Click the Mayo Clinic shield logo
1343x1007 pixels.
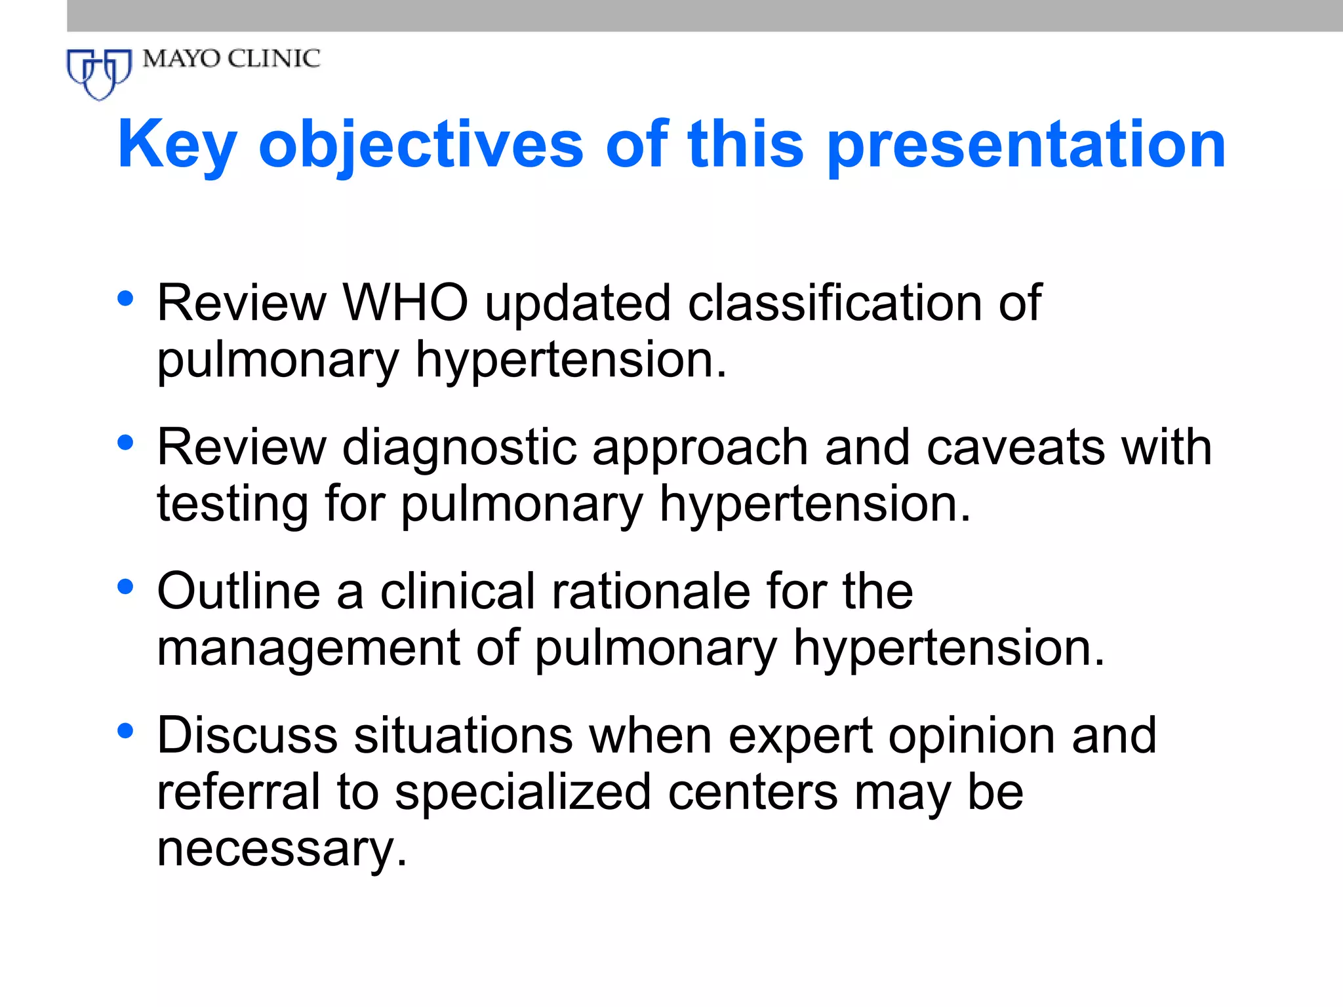point(99,73)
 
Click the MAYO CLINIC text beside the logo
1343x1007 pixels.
point(231,59)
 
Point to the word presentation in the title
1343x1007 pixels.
point(1026,146)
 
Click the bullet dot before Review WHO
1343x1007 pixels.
point(125,299)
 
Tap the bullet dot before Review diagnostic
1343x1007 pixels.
point(125,443)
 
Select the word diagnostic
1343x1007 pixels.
point(458,448)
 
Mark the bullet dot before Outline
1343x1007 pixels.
point(125,587)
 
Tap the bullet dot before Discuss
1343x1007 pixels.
point(125,730)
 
